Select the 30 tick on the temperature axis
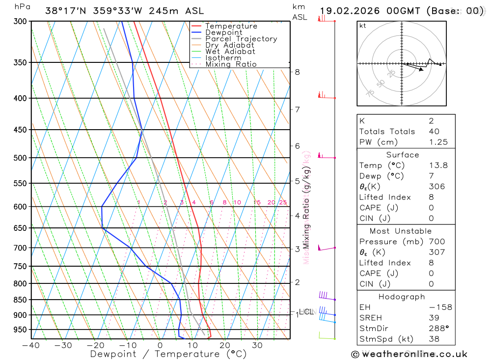point(257,345)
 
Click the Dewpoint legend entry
point(223,32)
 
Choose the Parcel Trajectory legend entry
point(241,39)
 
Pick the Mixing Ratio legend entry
point(231,64)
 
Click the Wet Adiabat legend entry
point(230,52)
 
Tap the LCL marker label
point(306,311)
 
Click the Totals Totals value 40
point(434,131)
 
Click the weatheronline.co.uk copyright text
point(409,354)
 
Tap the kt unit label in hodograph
point(363,26)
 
